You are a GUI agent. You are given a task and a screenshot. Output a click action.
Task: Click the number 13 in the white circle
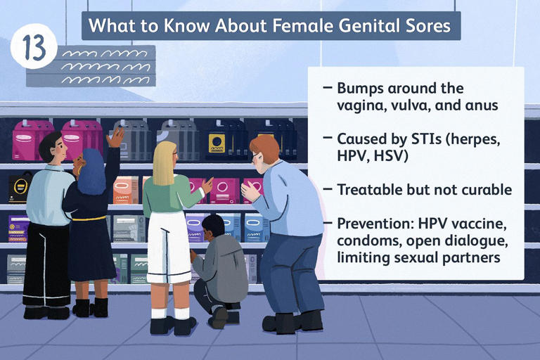pos(33,49)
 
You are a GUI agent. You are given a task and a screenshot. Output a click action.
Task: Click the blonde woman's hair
pos(165,165)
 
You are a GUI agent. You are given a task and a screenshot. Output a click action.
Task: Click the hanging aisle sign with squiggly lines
pos(91,65)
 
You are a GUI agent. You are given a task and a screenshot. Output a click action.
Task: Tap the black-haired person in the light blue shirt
pos(49,204)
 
